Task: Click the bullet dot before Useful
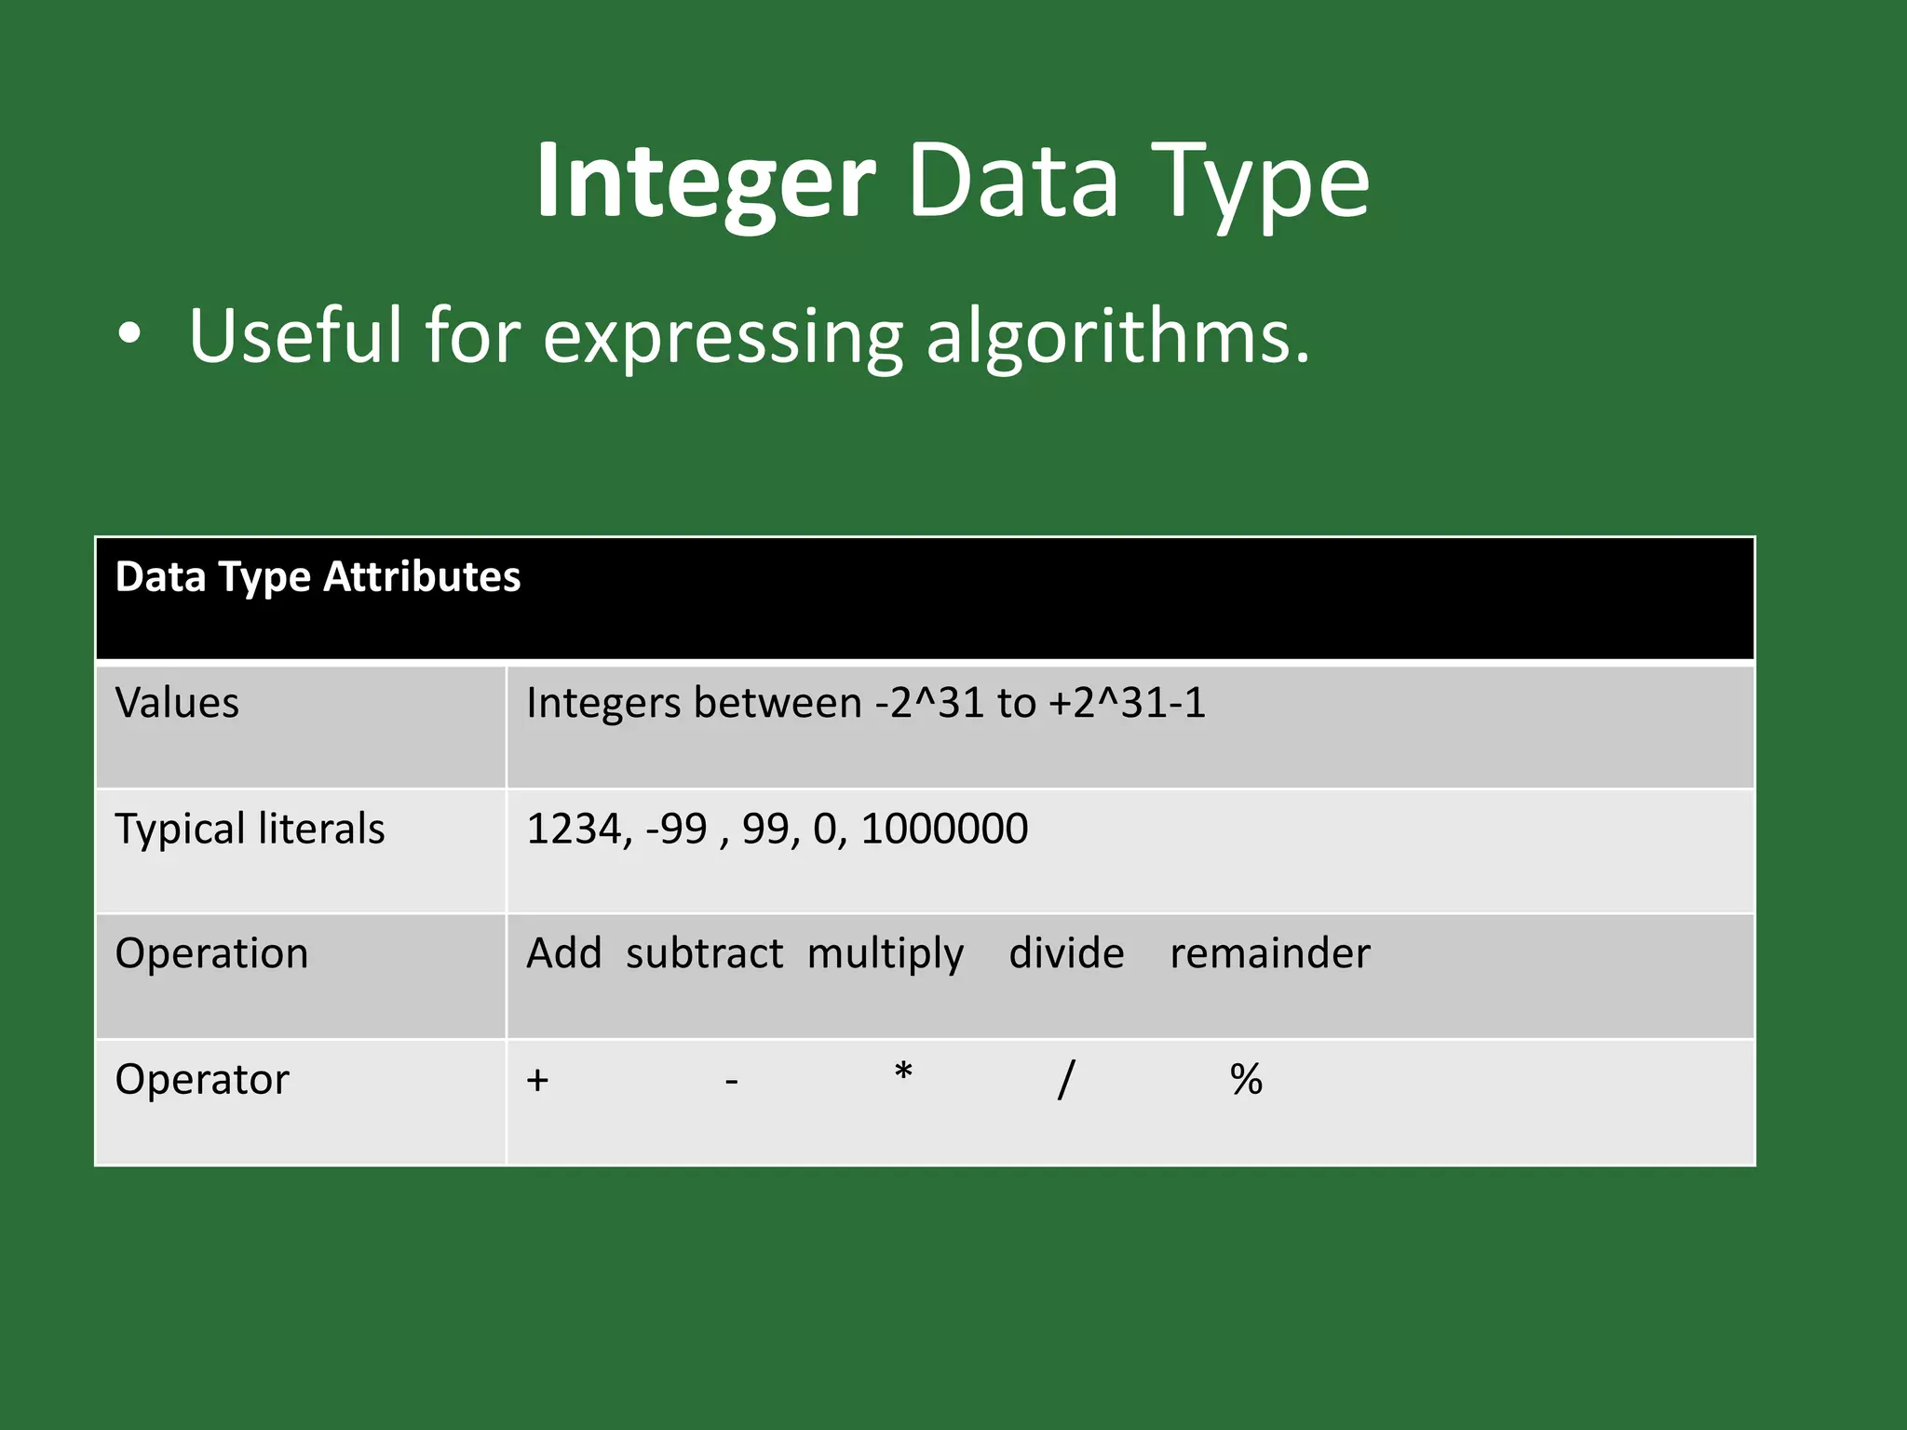130,335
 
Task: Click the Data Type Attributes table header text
318,577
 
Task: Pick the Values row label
177,703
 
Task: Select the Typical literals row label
250,829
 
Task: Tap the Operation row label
211,953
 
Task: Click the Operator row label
202,1079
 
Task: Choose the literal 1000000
943,829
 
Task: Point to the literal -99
677,829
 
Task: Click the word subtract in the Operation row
704,953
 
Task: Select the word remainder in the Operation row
1269,953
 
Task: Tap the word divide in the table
1066,953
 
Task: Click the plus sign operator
537,1080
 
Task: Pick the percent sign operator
1246,1080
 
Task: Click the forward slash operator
1066,1080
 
